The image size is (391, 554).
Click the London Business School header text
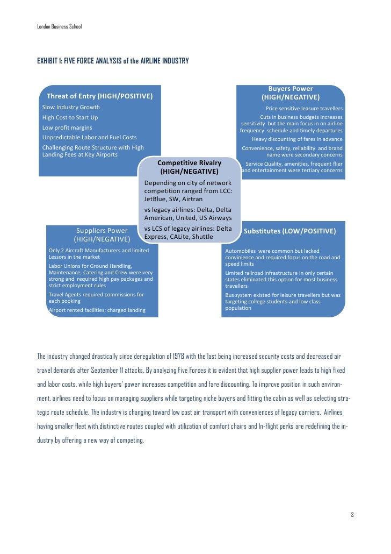tap(59, 26)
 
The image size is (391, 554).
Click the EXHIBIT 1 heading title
tap(113, 61)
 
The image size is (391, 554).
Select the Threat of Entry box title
tap(100, 96)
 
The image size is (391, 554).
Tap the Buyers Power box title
tap(291, 93)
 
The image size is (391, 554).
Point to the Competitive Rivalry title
tap(189, 167)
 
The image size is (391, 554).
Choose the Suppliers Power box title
tap(102, 235)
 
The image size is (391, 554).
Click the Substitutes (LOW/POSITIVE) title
tap(290, 231)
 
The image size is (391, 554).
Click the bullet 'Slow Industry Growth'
tap(71, 107)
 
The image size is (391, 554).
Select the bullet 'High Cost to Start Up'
tap(70, 117)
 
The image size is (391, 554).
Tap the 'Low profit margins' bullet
tap(67, 127)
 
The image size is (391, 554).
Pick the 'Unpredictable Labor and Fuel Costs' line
tap(89, 138)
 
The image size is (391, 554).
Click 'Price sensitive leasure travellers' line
tap(304, 108)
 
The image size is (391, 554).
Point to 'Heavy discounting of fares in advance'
tap(297, 139)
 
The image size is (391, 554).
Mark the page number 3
tap(352, 515)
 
